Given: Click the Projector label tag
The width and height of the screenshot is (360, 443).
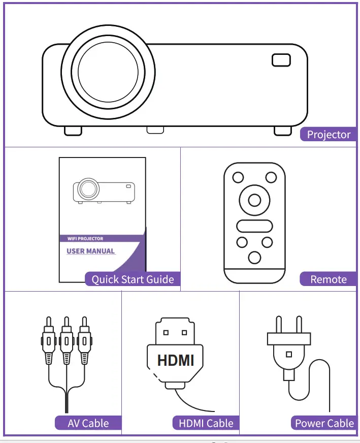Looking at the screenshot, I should point(329,135).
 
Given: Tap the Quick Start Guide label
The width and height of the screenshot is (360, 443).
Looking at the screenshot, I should point(133,279).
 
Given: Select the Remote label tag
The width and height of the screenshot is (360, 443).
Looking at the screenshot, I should point(328,279).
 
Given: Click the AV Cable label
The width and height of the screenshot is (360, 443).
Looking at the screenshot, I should point(88,423).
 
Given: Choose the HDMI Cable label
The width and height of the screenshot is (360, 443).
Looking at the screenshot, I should point(206,423).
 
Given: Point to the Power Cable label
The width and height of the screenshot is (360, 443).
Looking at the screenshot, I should point(324,423).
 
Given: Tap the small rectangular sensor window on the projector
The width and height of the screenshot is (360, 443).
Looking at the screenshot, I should point(281,60).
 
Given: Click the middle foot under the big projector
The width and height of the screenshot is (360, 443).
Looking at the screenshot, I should point(155,130).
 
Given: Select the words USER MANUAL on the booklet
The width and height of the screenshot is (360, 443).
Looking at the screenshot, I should point(90,251).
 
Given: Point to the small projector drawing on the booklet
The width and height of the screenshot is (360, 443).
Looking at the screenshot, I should point(104,190).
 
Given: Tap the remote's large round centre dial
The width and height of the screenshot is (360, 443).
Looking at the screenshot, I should point(254,200).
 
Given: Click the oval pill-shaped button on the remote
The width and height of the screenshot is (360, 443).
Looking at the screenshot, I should point(254,226).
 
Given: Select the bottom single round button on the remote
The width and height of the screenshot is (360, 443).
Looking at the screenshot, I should point(254,257).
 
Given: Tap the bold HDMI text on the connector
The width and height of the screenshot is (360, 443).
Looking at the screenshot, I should point(176,360).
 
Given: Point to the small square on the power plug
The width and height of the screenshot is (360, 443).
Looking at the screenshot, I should point(288,354).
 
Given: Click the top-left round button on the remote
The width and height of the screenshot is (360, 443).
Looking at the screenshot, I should point(238,177).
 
